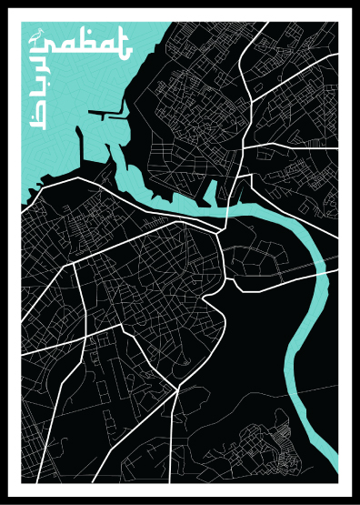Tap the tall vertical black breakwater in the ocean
(81, 150)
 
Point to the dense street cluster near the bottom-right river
(273, 437)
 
